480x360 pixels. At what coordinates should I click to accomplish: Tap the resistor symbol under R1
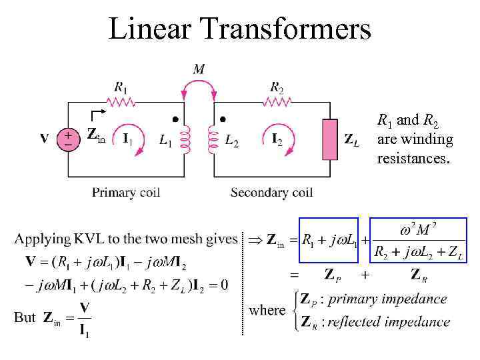click(x=121, y=102)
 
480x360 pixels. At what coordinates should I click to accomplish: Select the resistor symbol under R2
click(x=278, y=102)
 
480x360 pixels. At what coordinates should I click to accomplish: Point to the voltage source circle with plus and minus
click(x=67, y=139)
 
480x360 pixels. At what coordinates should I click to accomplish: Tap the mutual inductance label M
click(x=199, y=68)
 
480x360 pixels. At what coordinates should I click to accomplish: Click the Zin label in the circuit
click(x=96, y=135)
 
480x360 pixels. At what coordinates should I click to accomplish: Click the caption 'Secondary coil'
click(x=271, y=193)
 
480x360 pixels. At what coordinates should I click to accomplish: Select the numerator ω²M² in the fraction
click(x=418, y=231)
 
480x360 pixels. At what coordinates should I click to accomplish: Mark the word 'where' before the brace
click(x=267, y=310)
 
